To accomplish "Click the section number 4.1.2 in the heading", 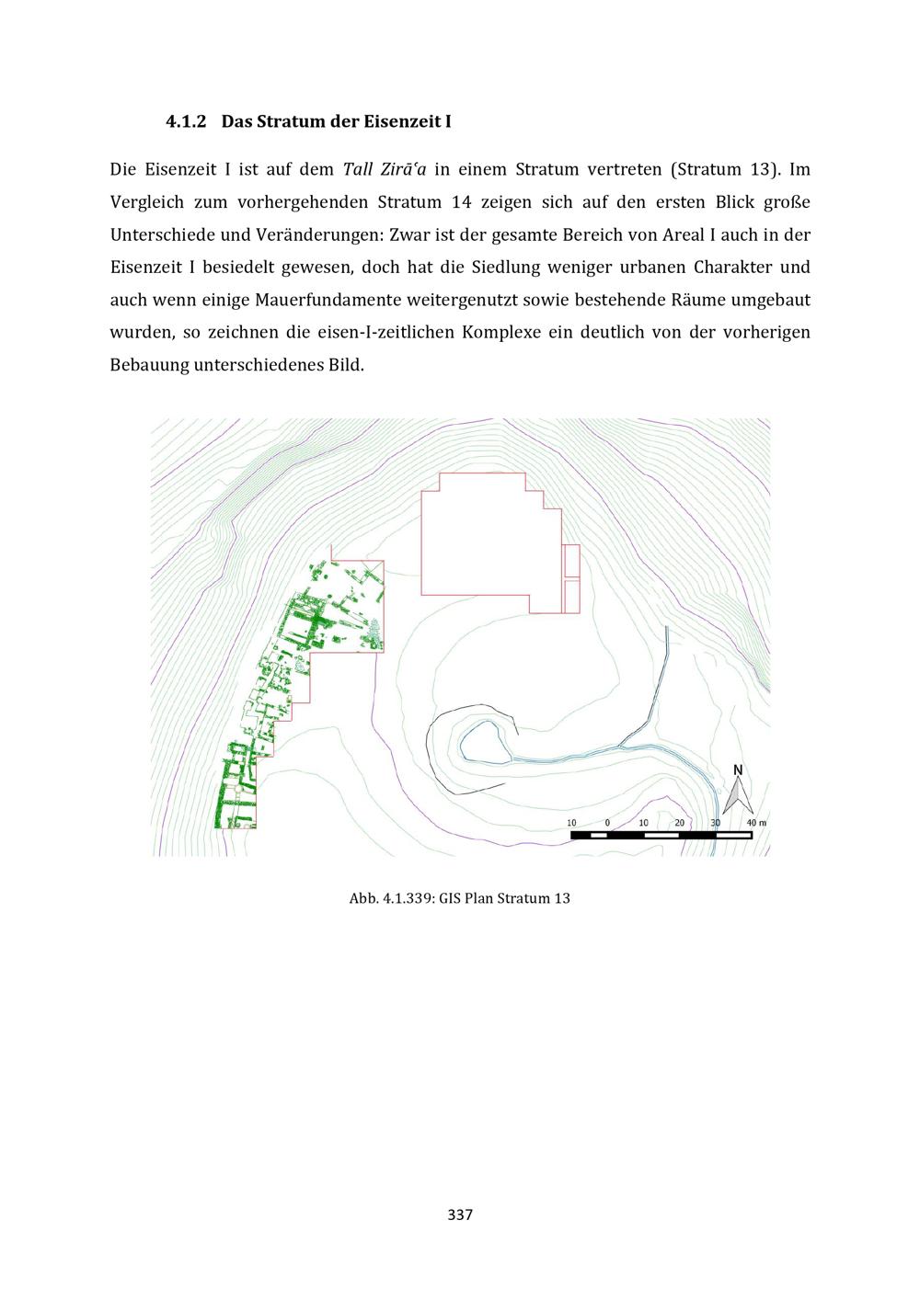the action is pos(186,122).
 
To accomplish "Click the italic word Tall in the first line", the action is pos(357,169).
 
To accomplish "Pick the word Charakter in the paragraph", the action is pos(732,268).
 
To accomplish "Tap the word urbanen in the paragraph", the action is pos(652,268).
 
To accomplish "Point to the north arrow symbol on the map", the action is pos(738,795).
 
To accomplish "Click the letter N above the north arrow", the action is pos(738,770).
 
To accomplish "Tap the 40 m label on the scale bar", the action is pos(756,822).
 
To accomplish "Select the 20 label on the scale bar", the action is pos(679,822).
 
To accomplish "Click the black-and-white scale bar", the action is pos(661,835).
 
